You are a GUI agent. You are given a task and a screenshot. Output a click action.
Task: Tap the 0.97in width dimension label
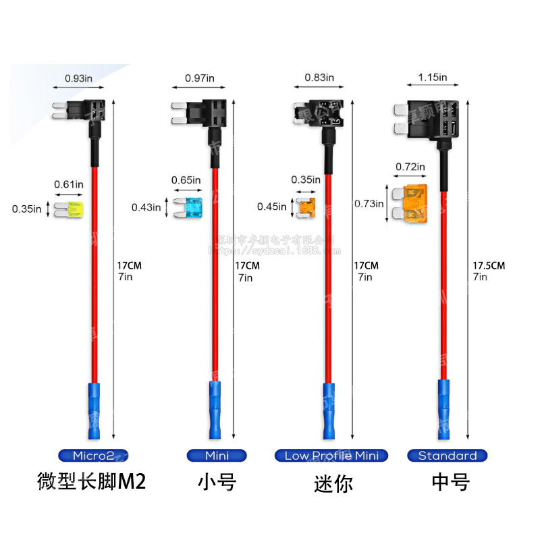[200, 78]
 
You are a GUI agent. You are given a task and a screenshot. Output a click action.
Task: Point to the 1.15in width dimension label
[433, 78]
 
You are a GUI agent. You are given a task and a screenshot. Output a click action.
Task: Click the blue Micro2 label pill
[92, 456]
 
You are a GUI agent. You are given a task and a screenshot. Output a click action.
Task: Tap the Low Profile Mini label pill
[331, 456]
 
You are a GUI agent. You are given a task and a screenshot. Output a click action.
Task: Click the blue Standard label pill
[447, 456]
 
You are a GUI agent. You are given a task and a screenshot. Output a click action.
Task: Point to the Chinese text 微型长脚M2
[90, 481]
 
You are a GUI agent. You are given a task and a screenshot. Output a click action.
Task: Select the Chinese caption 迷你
[333, 483]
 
